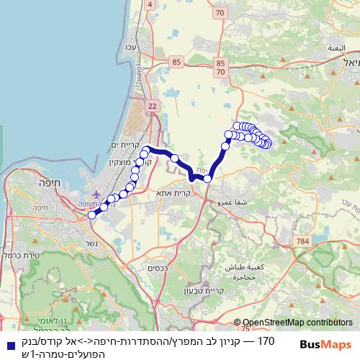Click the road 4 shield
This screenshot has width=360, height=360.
(150, 4)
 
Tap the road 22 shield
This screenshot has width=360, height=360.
(152, 106)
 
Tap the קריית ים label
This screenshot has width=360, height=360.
(125, 145)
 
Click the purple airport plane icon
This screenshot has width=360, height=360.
(97, 194)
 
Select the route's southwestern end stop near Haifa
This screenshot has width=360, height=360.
(91, 214)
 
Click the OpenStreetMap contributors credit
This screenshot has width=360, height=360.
(297, 323)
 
